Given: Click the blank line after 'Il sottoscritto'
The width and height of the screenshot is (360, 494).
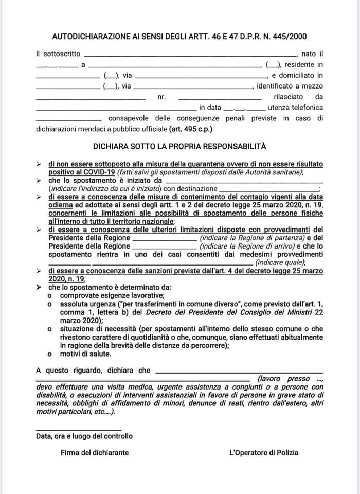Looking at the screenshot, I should pyautogui.click(x=190, y=54).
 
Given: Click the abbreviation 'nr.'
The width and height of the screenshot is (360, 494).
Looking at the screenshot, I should pyautogui.click(x=161, y=96).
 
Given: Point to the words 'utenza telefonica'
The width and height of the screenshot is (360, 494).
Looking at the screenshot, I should pyautogui.click(x=296, y=107).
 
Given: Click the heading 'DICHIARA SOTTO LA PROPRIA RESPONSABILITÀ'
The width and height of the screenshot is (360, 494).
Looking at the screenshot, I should pyautogui.click(x=180, y=146).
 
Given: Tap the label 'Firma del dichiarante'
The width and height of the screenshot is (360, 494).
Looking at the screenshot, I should pyautogui.click(x=95, y=453).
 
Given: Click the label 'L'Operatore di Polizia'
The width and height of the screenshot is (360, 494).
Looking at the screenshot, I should pyautogui.click(x=264, y=453).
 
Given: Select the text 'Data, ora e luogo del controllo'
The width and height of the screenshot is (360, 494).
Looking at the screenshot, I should pyautogui.click(x=84, y=436).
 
